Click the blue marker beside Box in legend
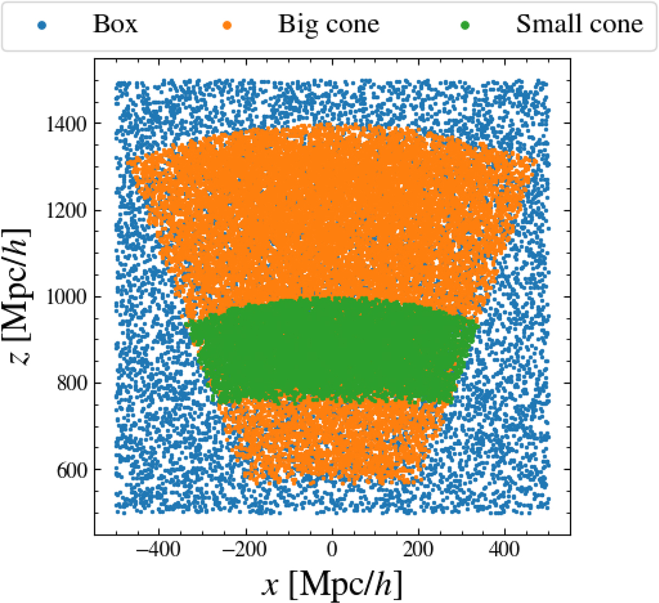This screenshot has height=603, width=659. [x=41, y=25]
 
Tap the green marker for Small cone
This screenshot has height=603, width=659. [x=465, y=25]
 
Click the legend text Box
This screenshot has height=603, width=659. [x=115, y=24]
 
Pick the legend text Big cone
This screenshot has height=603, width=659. [x=328, y=24]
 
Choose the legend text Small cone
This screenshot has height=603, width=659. [x=579, y=24]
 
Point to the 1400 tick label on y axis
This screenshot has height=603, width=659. [x=66, y=124]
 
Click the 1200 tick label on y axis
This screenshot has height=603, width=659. [x=66, y=211]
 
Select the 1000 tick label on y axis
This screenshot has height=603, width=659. [x=66, y=297]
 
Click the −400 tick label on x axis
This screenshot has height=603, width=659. [x=159, y=549]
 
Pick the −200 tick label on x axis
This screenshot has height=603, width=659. [x=245, y=549]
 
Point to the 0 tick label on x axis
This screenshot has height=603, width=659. [x=332, y=549]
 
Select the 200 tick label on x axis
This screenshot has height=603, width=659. [x=418, y=549]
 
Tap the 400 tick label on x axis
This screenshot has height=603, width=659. [x=505, y=549]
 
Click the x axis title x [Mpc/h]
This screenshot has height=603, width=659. [x=331, y=584]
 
